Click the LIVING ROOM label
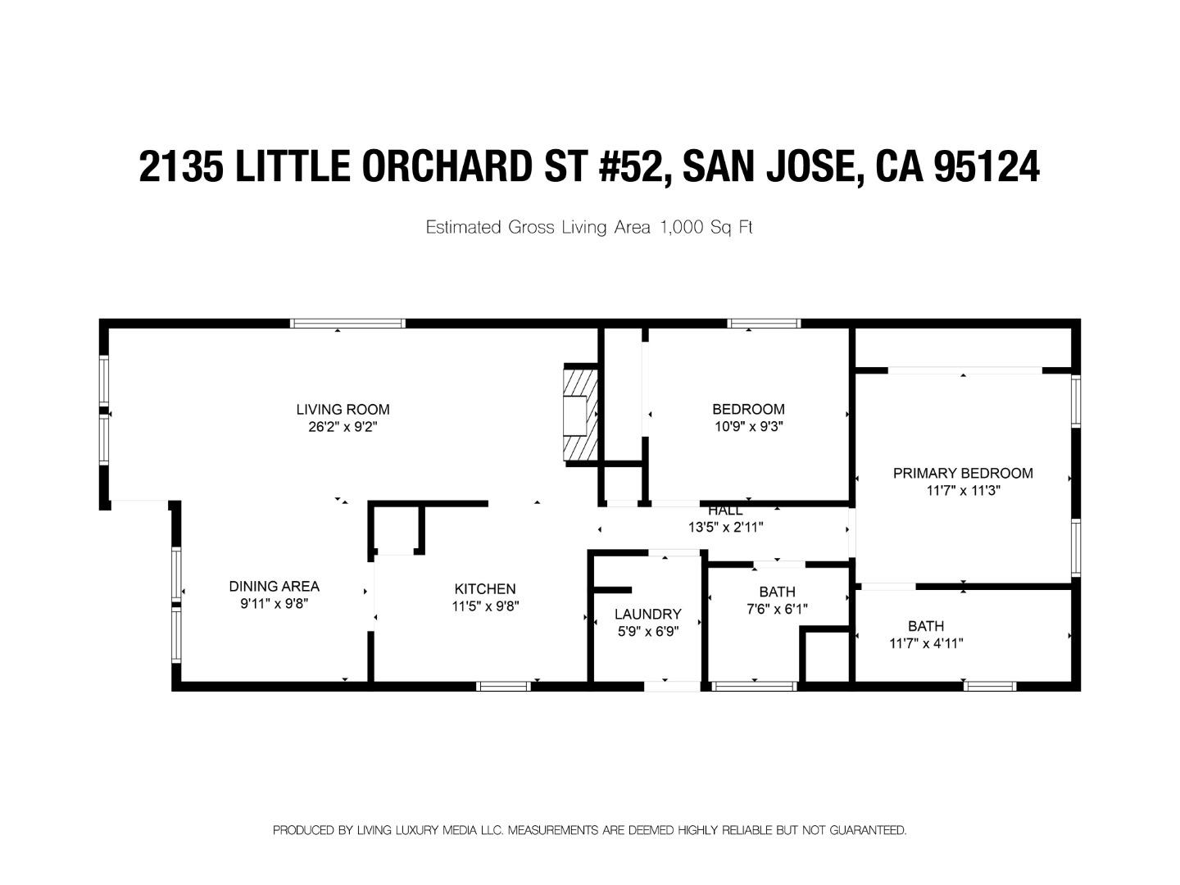pyautogui.click(x=343, y=409)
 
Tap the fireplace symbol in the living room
pyautogui.click(x=580, y=415)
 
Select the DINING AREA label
pyautogui.click(x=274, y=586)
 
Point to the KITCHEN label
pyautogui.click(x=485, y=588)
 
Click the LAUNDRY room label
pyautogui.click(x=647, y=614)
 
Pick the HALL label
pyautogui.click(x=725, y=511)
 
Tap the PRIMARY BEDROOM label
pyautogui.click(x=963, y=473)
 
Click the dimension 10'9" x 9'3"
pyautogui.click(x=749, y=426)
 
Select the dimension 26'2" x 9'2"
pyautogui.click(x=343, y=426)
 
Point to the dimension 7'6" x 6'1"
pyautogui.click(x=777, y=609)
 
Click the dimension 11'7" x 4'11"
pyautogui.click(x=926, y=643)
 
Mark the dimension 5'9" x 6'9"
pyautogui.click(x=647, y=631)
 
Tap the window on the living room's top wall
pyautogui.click(x=348, y=323)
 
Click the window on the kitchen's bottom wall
pyautogui.click(x=503, y=686)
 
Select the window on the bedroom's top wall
pyautogui.click(x=765, y=323)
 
